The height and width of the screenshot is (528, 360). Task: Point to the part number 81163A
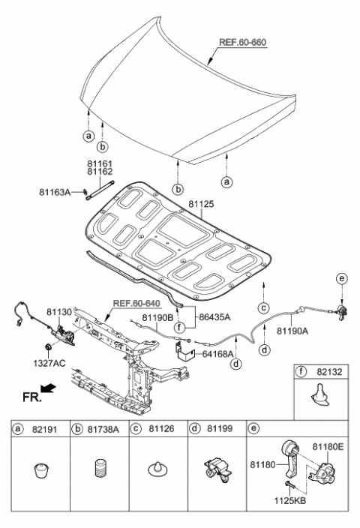click(55, 192)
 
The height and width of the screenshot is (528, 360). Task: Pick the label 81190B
click(157, 317)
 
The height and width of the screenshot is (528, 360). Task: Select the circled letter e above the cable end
click(342, 279)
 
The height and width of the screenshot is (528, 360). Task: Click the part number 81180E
click(328, 446)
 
